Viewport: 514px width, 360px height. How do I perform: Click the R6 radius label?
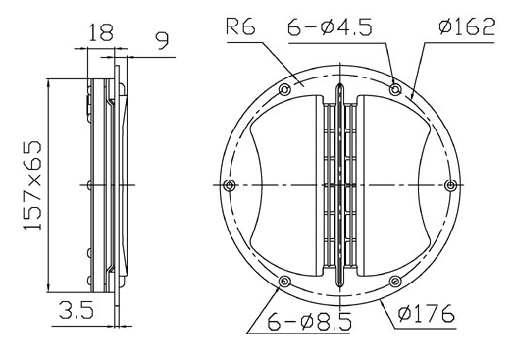coord(240,26)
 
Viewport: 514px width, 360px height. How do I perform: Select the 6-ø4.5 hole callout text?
coord(330,26)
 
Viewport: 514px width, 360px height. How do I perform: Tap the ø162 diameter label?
coord(467,26)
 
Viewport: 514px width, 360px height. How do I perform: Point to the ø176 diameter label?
coord(426,313)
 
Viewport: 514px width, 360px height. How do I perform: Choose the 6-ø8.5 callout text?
coord(309,321)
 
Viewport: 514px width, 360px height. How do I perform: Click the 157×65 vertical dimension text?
coord(32,185)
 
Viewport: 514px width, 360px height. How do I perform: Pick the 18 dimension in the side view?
coord(101,31)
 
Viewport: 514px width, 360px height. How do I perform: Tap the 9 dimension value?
coord(162,40)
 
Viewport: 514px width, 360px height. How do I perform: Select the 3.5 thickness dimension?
coord(77,310)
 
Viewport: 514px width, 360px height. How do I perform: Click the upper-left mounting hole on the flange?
coord(284,89)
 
